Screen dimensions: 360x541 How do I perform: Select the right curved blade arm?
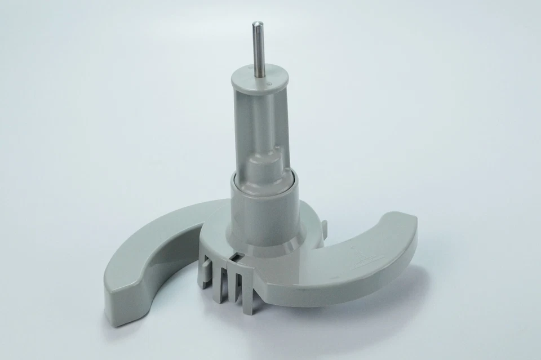click(x=361, y=254)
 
